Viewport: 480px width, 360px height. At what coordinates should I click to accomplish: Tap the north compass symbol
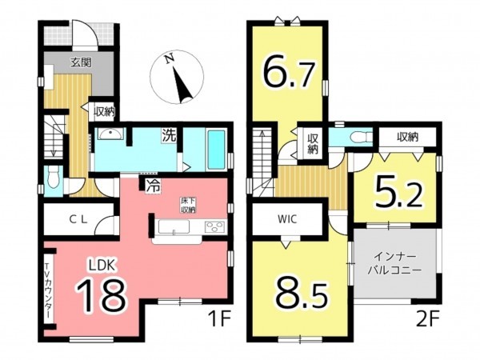click(x=177, y=76)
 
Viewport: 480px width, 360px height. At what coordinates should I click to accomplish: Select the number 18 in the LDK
click(x=102, y=294)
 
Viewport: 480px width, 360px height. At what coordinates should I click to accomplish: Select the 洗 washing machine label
click(x=169, y=135)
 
